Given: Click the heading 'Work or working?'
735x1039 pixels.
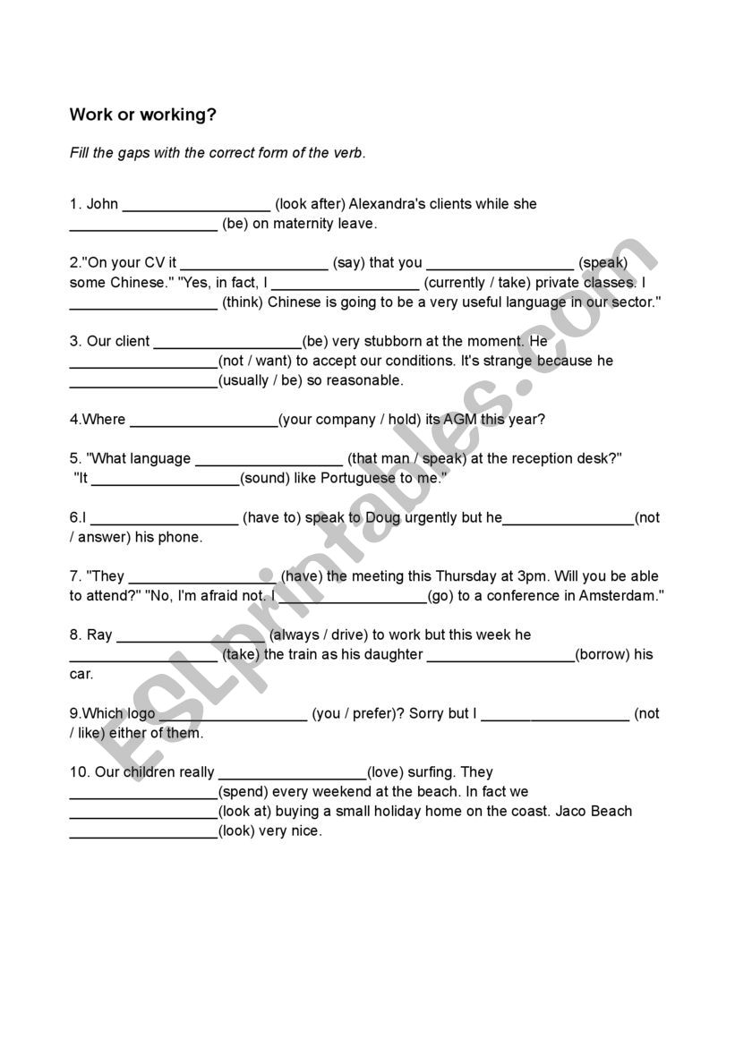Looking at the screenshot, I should [x=143, y=115].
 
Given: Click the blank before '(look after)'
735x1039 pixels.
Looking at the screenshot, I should [x=196, y=205].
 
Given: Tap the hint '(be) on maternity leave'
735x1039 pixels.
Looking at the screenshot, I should [x=300, y=224].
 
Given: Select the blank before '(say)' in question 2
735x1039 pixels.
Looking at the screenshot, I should [x=253, y=264].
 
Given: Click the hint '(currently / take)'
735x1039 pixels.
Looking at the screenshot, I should [x=477, y=283].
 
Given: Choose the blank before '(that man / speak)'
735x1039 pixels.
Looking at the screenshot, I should [x=269, y=460].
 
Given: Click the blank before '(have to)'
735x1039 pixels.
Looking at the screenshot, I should [x=165, y=518].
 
